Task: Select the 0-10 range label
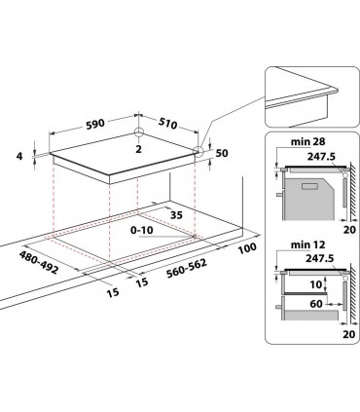[144, 231]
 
